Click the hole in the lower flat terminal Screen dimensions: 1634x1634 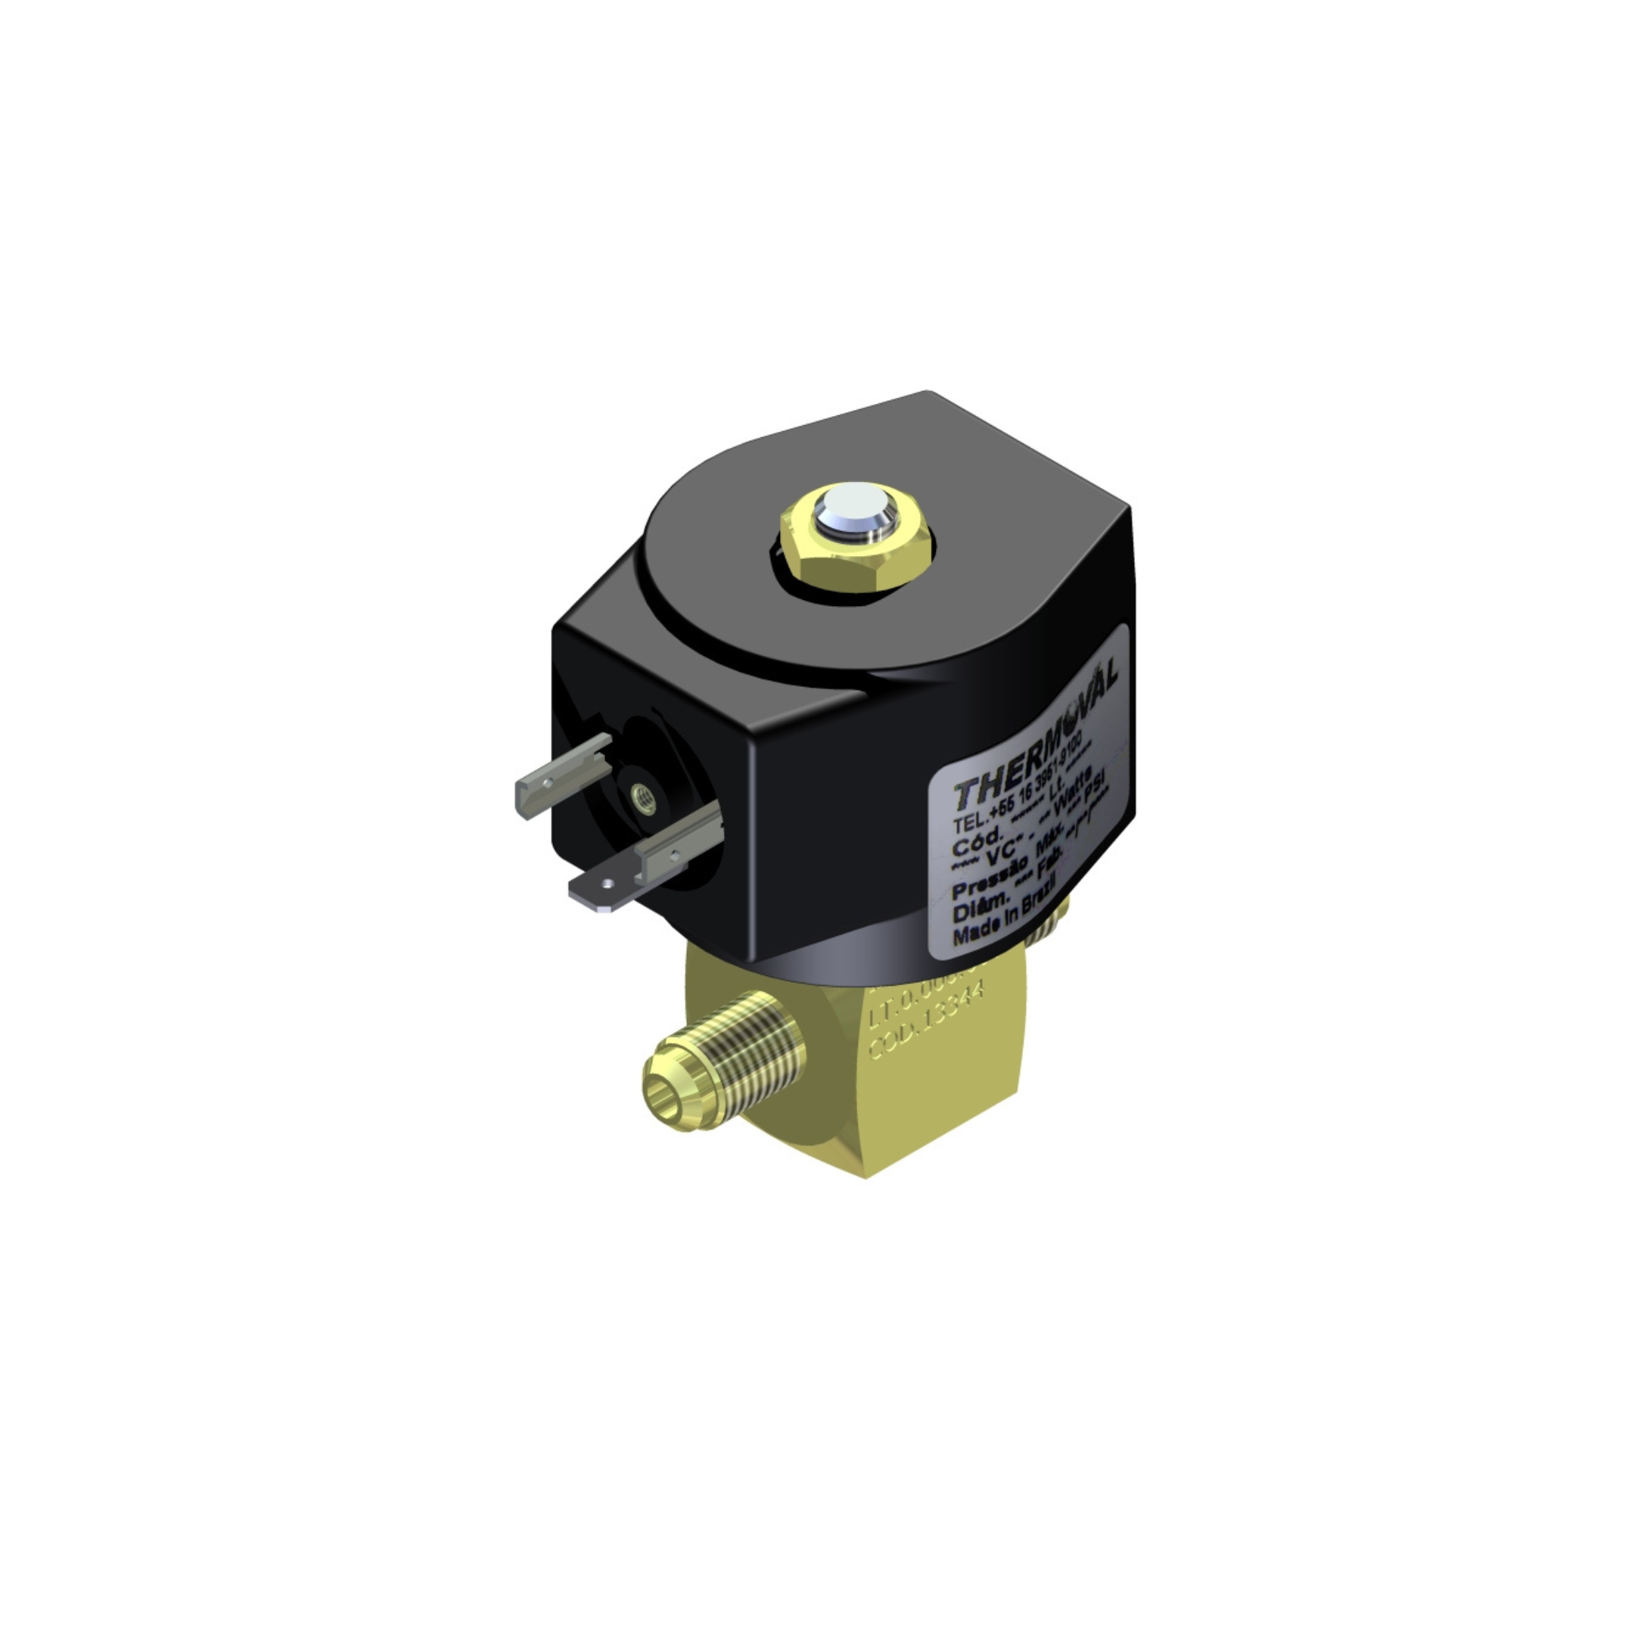click(x=605, y=884)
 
